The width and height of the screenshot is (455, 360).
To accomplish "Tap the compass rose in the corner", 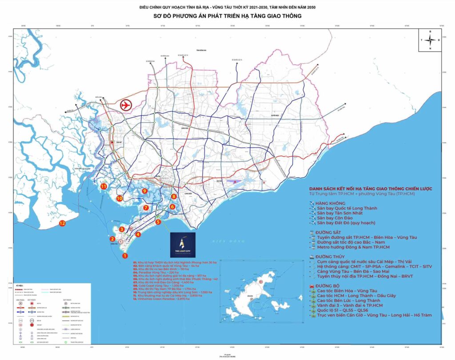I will (x=430, y=40).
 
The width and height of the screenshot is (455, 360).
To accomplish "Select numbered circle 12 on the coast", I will (x=62, y=223).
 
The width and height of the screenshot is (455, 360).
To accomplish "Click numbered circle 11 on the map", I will (x=104, y=187).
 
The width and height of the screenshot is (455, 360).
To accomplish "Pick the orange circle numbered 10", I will (x=119, y=198).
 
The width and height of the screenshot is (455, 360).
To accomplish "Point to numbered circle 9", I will (x=144, y=191).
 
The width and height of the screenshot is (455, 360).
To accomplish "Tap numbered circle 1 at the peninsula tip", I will (x=125, y=255).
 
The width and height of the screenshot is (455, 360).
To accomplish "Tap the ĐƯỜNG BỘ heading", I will (x=327, y=286).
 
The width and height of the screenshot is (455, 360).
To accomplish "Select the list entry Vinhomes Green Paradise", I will (x=160, y=299).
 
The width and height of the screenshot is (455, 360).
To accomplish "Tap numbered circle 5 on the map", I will (x=158, y=222).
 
